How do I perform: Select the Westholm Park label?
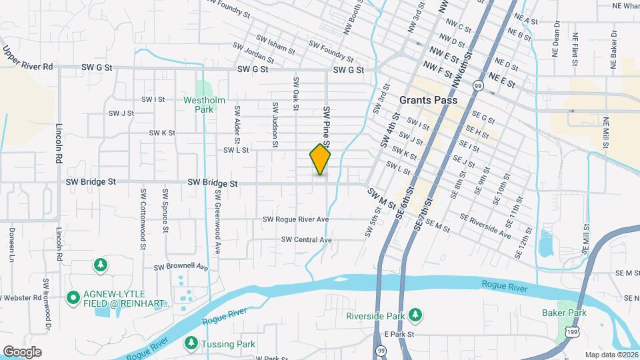tap(205, 105)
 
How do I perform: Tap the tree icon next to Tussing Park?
tap(190, 343)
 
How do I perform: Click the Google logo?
tap(22, 351)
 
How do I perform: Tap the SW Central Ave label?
tap(306, 239)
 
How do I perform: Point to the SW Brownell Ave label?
tap(181, 267)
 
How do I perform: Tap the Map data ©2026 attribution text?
tap(611, 355)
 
